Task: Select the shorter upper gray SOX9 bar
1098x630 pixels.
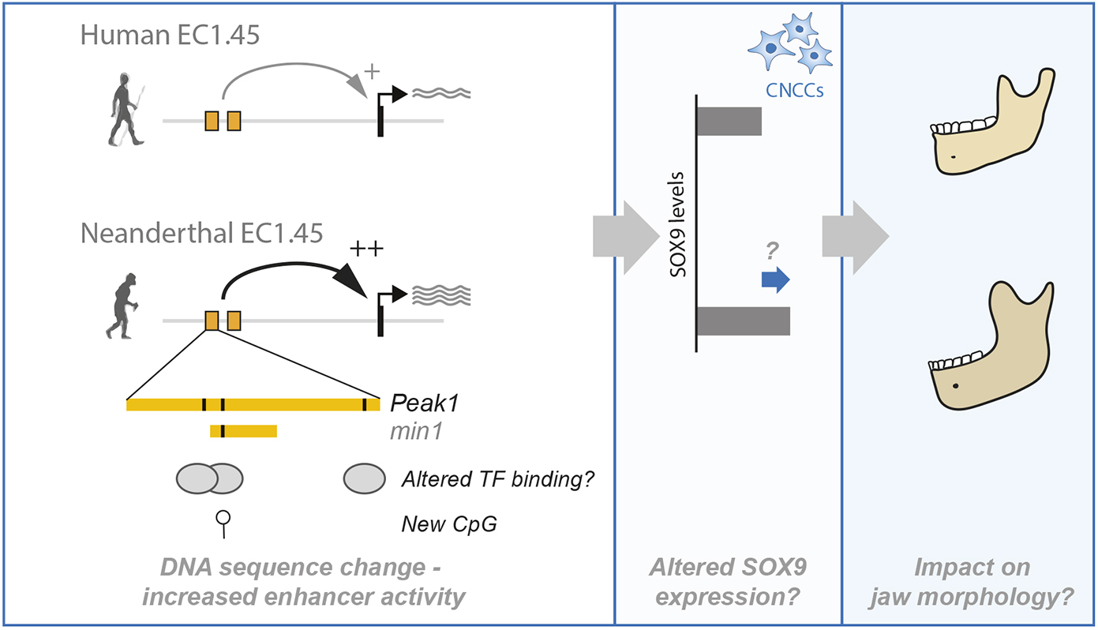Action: click(729, 122)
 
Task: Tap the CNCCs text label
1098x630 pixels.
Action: click(795, 91)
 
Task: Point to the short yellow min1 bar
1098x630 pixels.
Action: click(243, 430)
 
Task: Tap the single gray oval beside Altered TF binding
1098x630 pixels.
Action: click(364, 478)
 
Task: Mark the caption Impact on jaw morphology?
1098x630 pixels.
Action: click(971, 582)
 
